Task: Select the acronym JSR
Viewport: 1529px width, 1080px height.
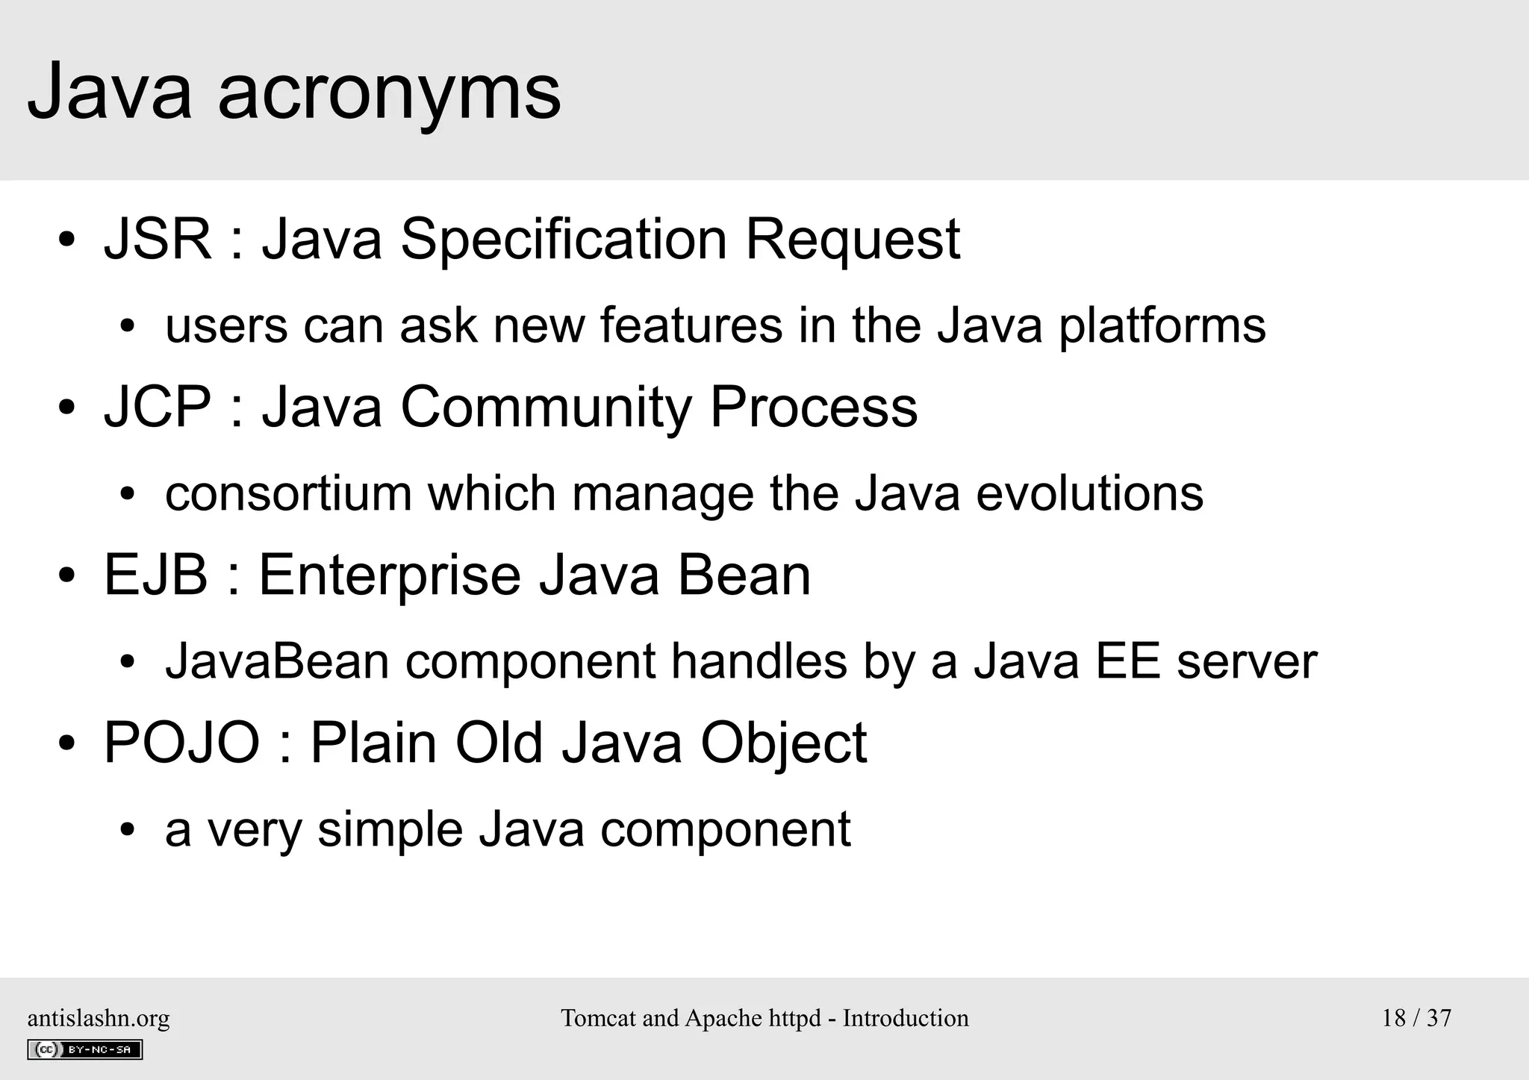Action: (x=158, y=240)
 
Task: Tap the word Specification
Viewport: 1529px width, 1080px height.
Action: (x=564, y=240)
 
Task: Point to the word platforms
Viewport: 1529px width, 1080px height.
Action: (x=1162, y=327)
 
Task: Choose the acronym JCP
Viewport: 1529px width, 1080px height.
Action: (x=158, y=408)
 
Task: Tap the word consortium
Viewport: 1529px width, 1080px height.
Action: (x=288, y=494)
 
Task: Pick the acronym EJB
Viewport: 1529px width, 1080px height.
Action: (x=155, y=575)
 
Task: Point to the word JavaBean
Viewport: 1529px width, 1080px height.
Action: (x=277, y=662)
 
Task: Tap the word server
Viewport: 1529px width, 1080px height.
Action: (x=1247, y=662)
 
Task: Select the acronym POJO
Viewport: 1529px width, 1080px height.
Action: (x=181, y=743)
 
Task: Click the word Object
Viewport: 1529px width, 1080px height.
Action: (x=783, y=743)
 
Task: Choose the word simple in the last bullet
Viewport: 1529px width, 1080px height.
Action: (x=390, y=830)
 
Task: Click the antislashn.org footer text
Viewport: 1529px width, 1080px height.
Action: (x=99, y=1018)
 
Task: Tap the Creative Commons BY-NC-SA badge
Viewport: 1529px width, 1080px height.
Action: (x=84, y=1049)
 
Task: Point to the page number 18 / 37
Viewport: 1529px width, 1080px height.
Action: (x=1416, y=1018)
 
